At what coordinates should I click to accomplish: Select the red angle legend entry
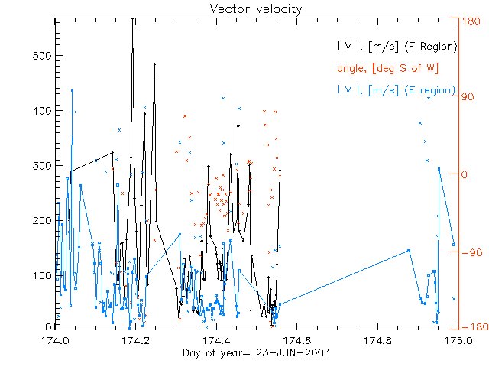tap(387, 68)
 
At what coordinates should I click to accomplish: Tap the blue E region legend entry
tap(397, 90)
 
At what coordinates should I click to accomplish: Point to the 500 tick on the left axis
tap(40, 56)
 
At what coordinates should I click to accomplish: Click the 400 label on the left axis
tap(40, 111)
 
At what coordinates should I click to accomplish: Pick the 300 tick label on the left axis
tap(40, 166)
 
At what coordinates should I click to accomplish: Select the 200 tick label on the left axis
tap(40, 221)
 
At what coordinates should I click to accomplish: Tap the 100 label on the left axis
tap(40, 275)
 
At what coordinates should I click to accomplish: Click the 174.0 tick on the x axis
tap(56, 340)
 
